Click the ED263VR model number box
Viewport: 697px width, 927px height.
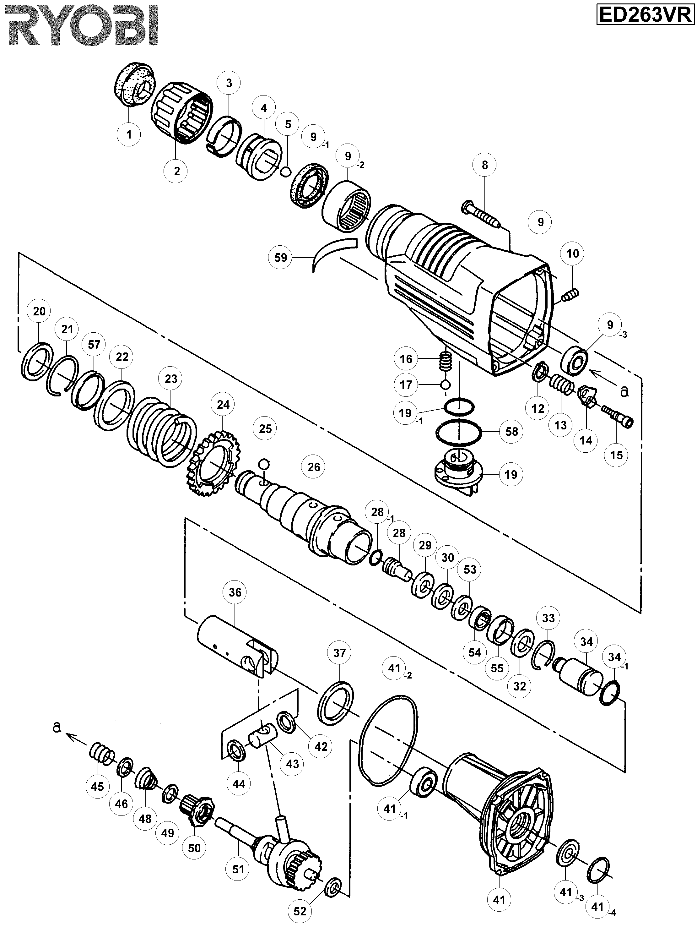tap(645, 16)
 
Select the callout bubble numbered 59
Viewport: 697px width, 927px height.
tap(281, 257)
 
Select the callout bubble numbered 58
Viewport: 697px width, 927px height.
tap(512, 431)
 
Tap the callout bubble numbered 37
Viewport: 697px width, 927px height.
tap(340, 653)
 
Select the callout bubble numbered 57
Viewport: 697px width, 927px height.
tap(94, 345)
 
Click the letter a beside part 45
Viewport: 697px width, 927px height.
tap(57, 728)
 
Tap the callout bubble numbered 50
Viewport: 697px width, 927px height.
tap(194, 848)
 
